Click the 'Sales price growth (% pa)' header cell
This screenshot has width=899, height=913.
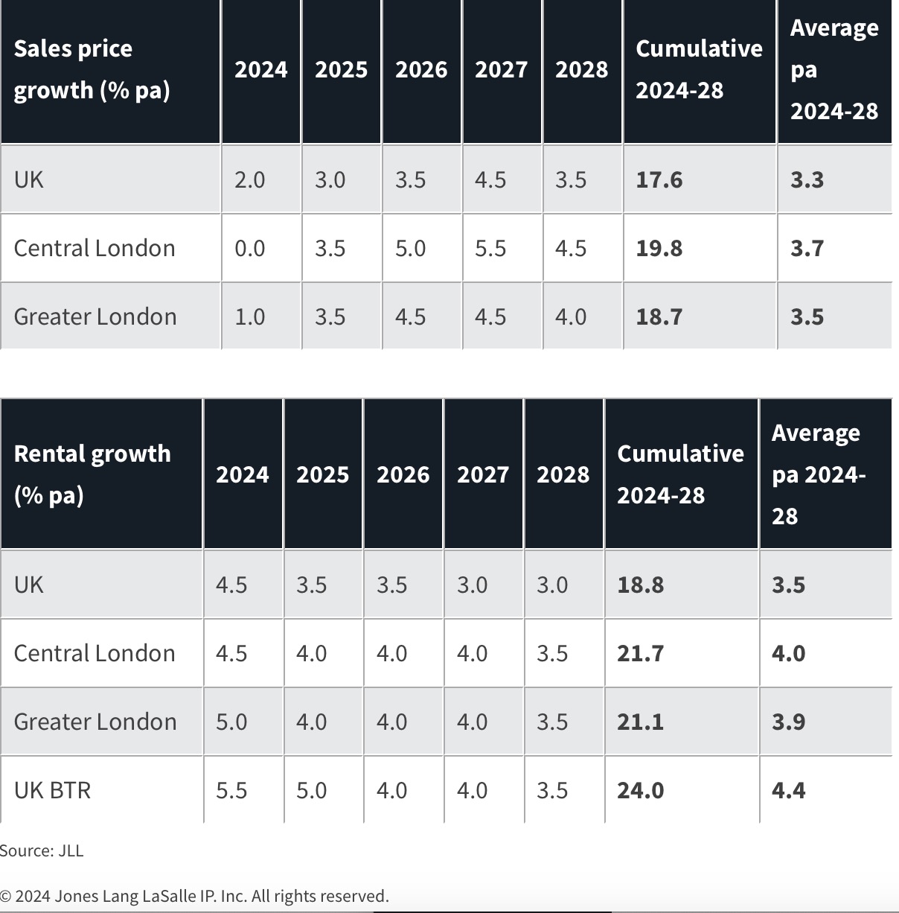tap(92, 69)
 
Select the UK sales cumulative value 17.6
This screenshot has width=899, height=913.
tap(659, 180)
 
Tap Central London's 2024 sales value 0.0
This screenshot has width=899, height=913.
tap(250, 248)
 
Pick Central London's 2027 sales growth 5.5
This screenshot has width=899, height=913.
tap(490, 248)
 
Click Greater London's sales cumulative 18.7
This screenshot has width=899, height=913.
tap(659, 316)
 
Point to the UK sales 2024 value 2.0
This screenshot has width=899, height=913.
tap(250, 180)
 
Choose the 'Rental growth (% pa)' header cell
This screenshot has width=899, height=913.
tap(92, 474)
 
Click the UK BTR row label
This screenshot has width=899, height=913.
tap(52, 789)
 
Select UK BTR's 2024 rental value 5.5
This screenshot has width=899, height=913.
tap(231, 790)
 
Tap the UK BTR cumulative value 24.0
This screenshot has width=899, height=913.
tap(640, 790)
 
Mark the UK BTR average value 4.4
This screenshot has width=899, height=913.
tap(788, 790)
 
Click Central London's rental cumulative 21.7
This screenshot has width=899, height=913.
tap(640, 653)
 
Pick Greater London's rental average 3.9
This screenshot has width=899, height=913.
tap(788, 722)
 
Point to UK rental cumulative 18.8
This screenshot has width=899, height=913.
tap(640, 585)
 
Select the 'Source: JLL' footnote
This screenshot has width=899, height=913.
tap(42, 850)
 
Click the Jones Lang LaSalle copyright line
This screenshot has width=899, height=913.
tap(194, 896)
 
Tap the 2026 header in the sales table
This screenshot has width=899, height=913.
tap(421, 69)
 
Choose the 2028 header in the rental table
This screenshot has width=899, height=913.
tap(563, 474)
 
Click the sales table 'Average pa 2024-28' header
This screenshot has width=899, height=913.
tap(834, 69)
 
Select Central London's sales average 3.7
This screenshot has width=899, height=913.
tap(807, 248)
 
